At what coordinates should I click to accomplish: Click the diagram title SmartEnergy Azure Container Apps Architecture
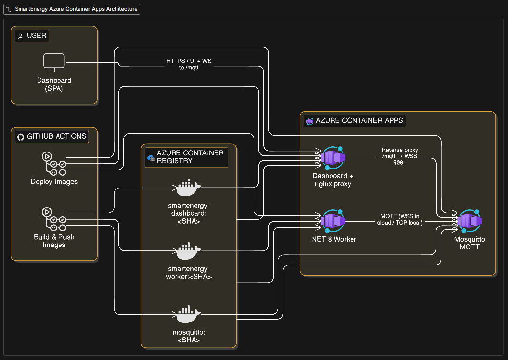76,9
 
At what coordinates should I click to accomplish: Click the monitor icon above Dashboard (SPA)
54,62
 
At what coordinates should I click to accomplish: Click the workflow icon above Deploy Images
54,164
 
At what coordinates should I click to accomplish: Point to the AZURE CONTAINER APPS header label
359,120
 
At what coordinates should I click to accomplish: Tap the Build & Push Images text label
54,241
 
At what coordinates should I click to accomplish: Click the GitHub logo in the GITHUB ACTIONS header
20,137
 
